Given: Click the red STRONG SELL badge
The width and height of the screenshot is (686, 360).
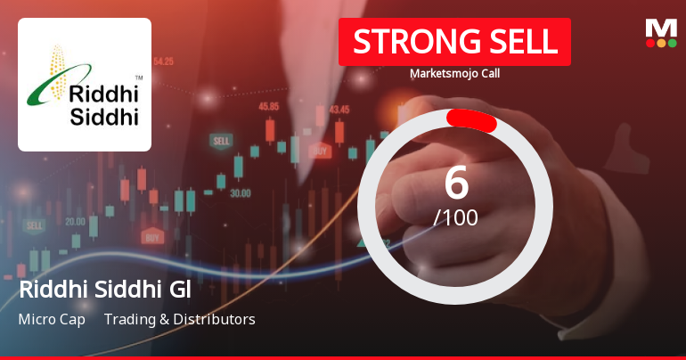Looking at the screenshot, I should coord(454,42).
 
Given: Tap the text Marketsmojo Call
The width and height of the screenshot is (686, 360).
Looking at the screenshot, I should coord(454,73).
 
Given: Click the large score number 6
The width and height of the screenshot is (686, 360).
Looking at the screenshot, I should coord(455,183).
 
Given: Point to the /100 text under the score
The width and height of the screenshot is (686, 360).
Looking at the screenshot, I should coord(455,217).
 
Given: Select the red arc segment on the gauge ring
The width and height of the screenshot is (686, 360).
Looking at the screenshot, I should coord(471,119).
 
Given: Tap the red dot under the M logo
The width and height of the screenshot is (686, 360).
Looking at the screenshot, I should coord(650,43).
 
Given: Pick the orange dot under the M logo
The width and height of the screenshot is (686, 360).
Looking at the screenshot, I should coord(661,43).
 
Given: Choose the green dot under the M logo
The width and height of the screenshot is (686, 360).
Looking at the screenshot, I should coord(672,43).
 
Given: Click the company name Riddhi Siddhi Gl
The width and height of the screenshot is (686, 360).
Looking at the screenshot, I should coord(105,290).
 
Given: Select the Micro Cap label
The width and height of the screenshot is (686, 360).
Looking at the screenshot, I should coord(52,319).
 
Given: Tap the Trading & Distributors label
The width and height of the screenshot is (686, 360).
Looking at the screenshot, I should coord(179,319).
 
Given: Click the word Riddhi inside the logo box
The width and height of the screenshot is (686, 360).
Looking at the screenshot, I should coord(104,96).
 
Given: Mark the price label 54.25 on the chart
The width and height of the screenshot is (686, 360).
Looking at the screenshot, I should coord(163,61).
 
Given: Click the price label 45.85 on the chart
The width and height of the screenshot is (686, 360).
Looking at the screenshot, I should coord(269,105).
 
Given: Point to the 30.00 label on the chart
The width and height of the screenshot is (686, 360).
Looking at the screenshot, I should coord(240,192).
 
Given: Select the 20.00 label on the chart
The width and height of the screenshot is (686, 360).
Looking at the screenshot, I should coord(75,221).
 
